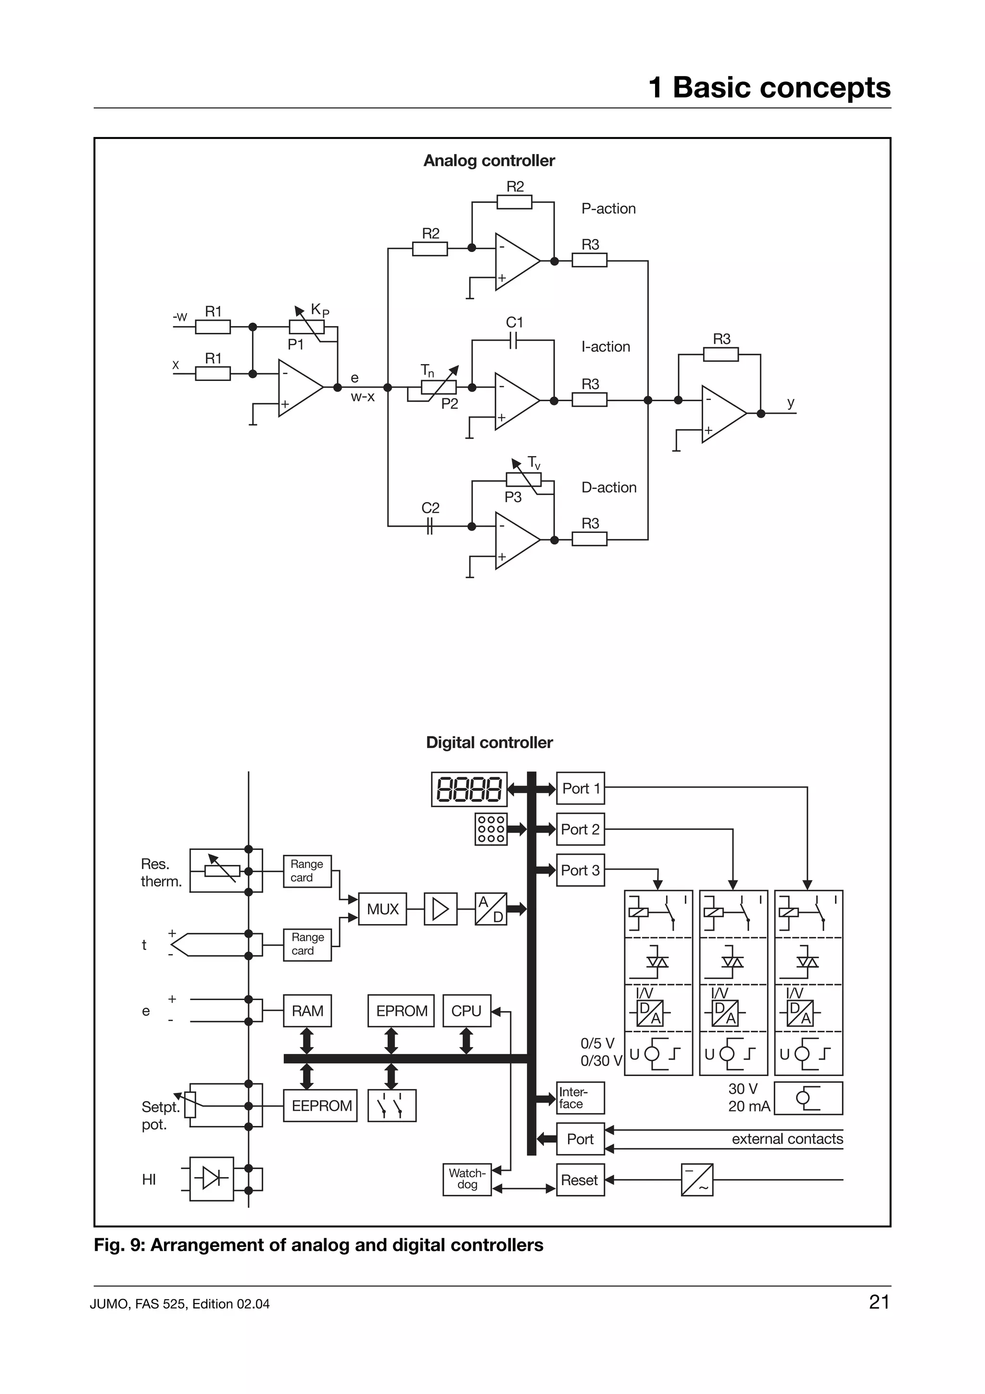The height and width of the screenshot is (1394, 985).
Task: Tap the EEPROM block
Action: pyautogui.click(x=320, y=1105)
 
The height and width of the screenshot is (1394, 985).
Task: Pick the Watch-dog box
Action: pyautogui.click(x=467, y=1179)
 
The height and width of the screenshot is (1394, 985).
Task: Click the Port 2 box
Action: pyautogui.click(x=580, y=829)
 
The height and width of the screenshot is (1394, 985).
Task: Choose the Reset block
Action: pyautogui.click(x=580, y=1179)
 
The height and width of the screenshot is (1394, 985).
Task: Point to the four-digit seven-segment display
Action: pyautogui.click(x=468, y=789)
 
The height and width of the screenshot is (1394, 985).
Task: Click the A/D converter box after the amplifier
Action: pyautogui.click(x=491, y=909)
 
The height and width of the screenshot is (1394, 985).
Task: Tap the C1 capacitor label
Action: pyautogui.click(x=514, y=322)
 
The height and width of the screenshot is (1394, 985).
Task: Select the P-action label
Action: pyautogui.click(x=608, y=208)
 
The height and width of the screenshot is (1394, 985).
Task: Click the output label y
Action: pyautogui.click(x=790, y=402)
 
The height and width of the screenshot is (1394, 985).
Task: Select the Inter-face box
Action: pyautogui.click(x=580, y=1098)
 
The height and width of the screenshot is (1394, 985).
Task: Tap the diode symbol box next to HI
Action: pyautogui.click(x=211, y=1179)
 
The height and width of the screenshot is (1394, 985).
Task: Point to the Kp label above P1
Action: pyautogui.click(x=319, y=310)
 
